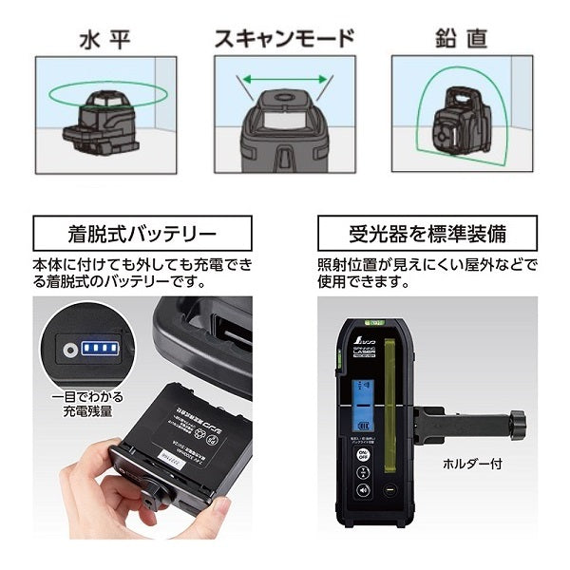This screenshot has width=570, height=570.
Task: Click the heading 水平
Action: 105,39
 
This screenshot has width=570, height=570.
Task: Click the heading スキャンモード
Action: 283,39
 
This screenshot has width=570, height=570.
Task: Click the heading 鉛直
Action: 463,39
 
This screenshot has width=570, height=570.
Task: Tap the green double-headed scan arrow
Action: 282,81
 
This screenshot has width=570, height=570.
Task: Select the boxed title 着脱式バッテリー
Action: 142,234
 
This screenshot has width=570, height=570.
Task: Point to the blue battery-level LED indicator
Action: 99,349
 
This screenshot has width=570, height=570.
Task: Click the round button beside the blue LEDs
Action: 69,349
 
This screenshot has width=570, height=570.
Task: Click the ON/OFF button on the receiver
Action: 363,455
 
